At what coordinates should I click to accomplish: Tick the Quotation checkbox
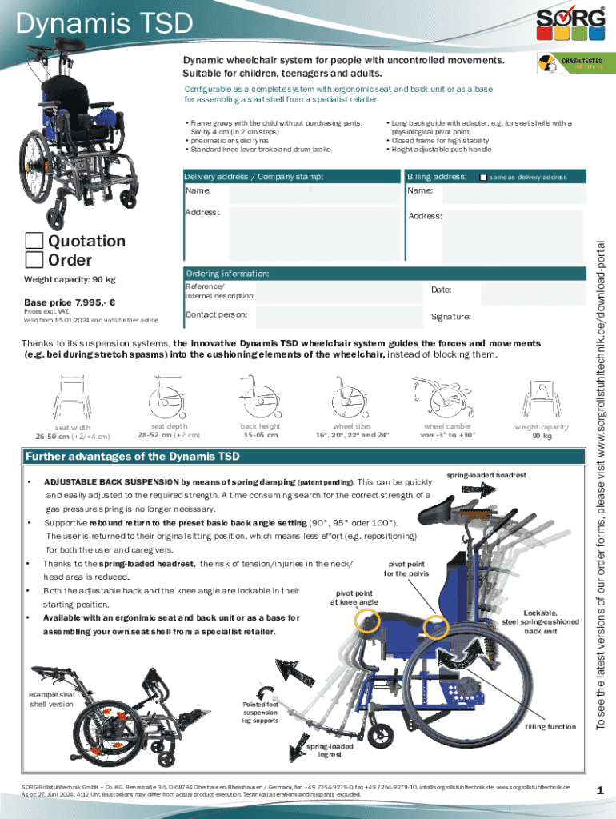(34, 241)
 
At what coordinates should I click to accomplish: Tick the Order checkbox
(34, 259)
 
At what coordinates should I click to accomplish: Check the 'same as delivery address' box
(482, 176)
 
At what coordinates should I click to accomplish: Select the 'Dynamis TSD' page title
(105, 25)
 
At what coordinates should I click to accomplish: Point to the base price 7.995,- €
(70, 302)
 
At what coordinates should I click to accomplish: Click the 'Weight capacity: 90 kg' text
(70, 279)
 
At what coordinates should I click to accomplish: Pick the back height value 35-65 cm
(261, 436)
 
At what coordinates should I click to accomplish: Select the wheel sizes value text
(351, 436)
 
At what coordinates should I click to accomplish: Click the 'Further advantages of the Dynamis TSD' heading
(133, 457)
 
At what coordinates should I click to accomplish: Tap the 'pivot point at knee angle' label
(354, 597)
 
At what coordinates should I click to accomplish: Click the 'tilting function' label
(550, 727)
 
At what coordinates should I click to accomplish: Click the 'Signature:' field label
(450, 317)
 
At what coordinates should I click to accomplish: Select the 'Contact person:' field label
(216, 314)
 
